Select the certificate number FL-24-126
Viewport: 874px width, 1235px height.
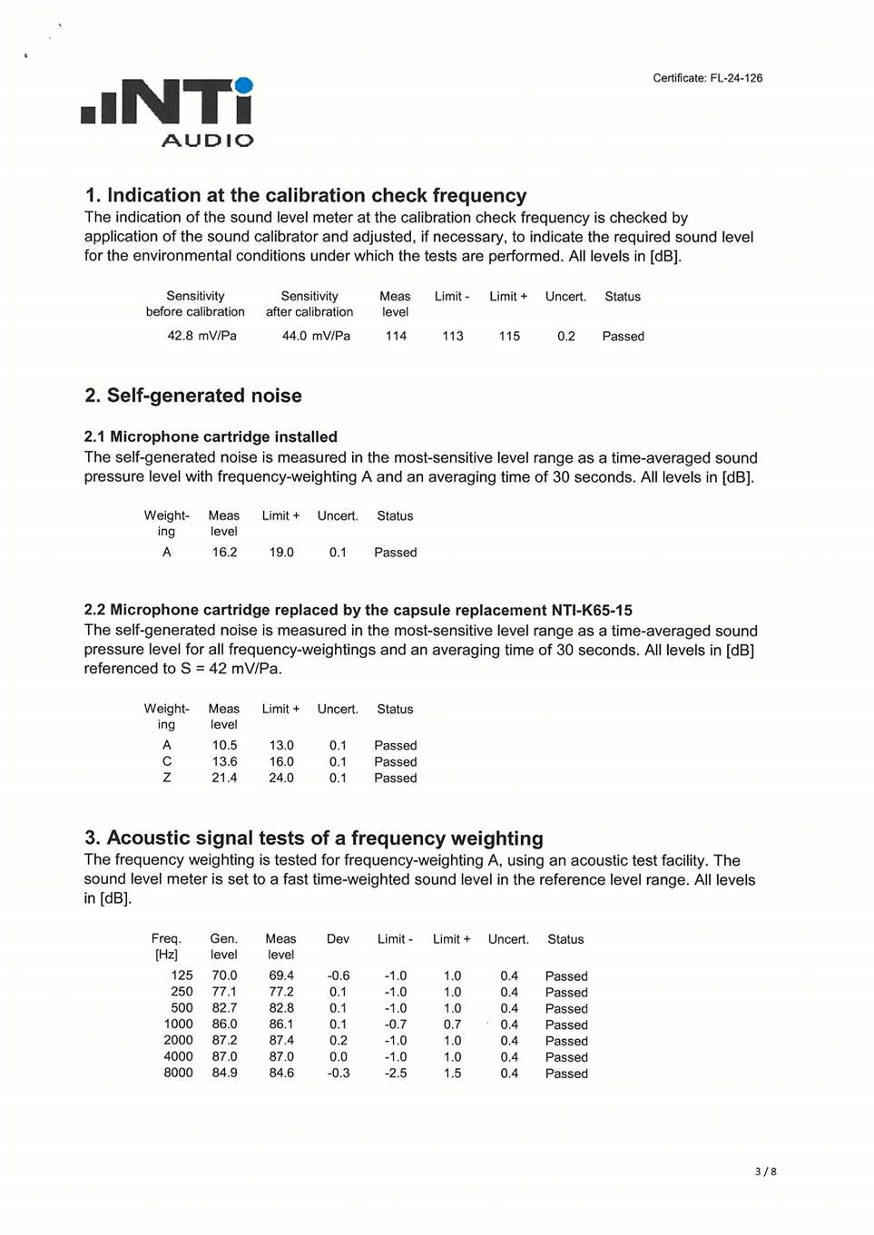tap(736, 78)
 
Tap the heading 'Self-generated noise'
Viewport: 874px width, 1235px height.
tap(204, 396)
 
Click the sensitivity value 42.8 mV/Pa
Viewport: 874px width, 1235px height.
tap(201, 336)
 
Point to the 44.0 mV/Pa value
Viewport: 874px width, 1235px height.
tap(316, 336)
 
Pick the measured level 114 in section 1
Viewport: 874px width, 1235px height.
tap(396, 336)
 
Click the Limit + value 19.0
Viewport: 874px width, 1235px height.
tap(281, 553)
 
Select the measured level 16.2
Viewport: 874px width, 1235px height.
tap(224, 553)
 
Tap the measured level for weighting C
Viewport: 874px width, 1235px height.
tap(224, 762)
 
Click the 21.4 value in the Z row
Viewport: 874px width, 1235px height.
tap(224, 779)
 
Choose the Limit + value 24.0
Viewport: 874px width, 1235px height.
tap(281, 779)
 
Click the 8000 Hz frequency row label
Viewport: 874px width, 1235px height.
tap(178, 1073)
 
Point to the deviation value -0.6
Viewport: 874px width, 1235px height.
tap(339, 976)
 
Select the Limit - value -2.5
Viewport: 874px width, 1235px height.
tap(396, 1073)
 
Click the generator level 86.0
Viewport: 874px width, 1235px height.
tap(224, 1024)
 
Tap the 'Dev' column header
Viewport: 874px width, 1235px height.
tap(338, 939)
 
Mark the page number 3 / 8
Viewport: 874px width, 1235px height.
tap(765, 1171)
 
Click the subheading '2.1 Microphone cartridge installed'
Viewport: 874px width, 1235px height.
tap(211, 436)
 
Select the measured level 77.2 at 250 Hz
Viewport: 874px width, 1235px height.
tap(281, 993)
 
